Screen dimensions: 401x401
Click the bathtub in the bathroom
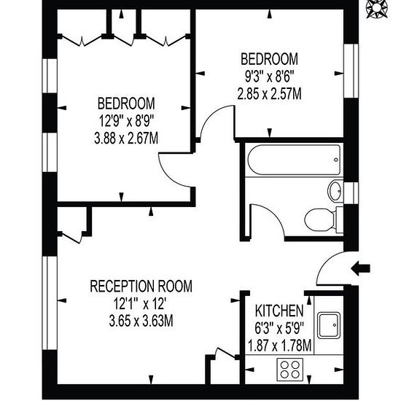(294, 160)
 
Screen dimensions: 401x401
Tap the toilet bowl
(319, 219)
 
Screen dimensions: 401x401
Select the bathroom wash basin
(335, 191)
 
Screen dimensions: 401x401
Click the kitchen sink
(329, 324)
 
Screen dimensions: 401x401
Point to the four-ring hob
(290, 370)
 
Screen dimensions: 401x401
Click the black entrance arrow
(361, 268)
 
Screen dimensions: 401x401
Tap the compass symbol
(377, 9)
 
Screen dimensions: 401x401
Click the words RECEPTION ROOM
(141, 287)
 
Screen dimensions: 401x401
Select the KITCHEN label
(279, 311)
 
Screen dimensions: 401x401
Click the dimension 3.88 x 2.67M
(126, 139)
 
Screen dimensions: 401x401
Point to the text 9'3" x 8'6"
(269, 77)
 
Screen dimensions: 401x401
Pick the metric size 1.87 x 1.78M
(280, 346)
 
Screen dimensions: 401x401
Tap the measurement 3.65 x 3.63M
(141, 321)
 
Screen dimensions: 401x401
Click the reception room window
(50, 303)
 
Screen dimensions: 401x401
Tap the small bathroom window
(351, 193)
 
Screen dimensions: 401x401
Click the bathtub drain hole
(336, 160)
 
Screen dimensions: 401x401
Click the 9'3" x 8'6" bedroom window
(351, 71)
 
